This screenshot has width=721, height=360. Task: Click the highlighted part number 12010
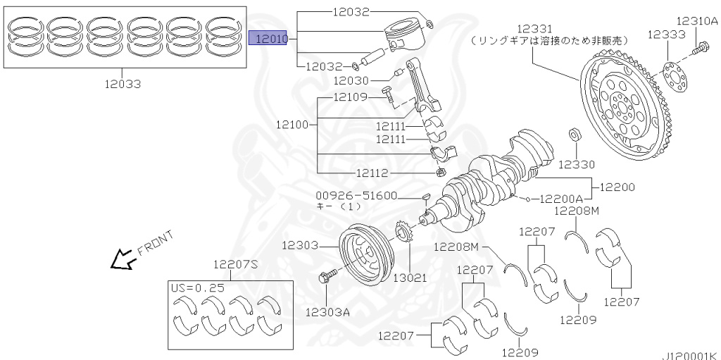tap(270, 38)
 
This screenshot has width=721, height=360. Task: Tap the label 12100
tap(291, 124)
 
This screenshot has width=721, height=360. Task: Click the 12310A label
tap(697, 21)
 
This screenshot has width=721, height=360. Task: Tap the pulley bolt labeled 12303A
tap(329, 278)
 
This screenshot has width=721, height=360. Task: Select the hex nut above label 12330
tap(575, 135)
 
